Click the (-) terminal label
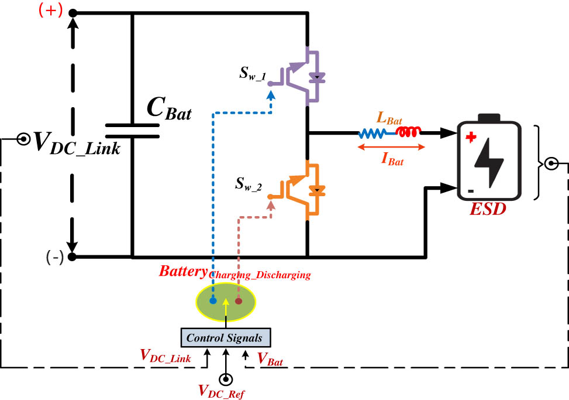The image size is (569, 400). coord(53,258)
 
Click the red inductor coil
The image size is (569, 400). coord(408,132)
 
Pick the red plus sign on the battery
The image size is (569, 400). coord(470,138)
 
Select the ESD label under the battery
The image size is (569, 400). coord(488,208)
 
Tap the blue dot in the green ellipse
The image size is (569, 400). coord(213,300)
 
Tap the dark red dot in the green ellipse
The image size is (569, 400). coord(238,301)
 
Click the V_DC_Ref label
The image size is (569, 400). coord(222,390)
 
